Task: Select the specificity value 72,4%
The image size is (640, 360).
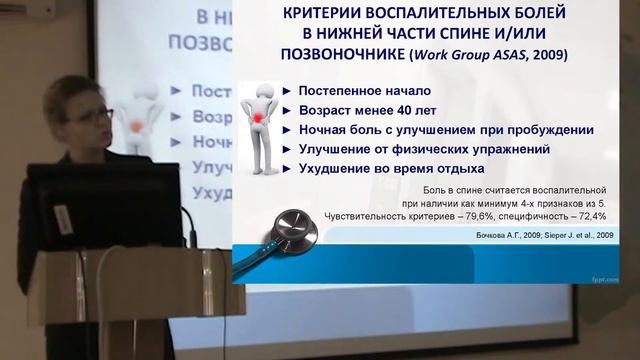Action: point(580,216)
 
